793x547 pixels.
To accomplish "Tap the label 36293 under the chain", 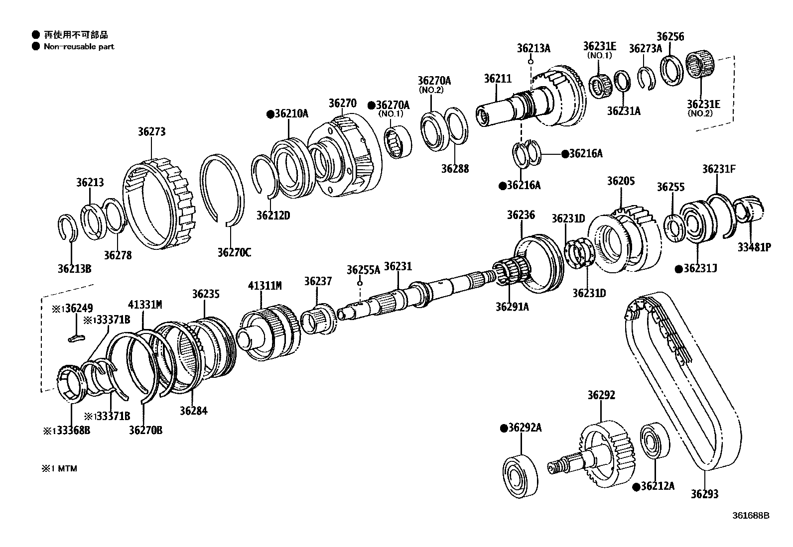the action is [x=704, y=494].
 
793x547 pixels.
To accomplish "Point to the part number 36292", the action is [x=601, y=395].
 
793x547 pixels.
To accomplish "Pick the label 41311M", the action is [x=265, y=286].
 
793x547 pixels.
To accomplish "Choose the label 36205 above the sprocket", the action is [x=621, y=181].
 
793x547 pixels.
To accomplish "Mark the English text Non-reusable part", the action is [x=79, y=47].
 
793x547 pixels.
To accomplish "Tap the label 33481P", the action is [x=754, y=247].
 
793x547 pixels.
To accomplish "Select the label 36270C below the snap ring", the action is [x=234, y=253].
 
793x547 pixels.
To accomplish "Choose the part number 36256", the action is [x=670, y=36].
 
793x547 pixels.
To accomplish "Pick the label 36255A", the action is [x=363, y=270].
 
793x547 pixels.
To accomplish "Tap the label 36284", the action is [x=193, y=411].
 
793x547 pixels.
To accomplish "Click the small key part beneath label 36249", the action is [x=76, y=338].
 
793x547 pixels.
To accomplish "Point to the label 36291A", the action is [x=512, y=307].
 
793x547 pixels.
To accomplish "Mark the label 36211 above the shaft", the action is [x=498, y=79].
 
